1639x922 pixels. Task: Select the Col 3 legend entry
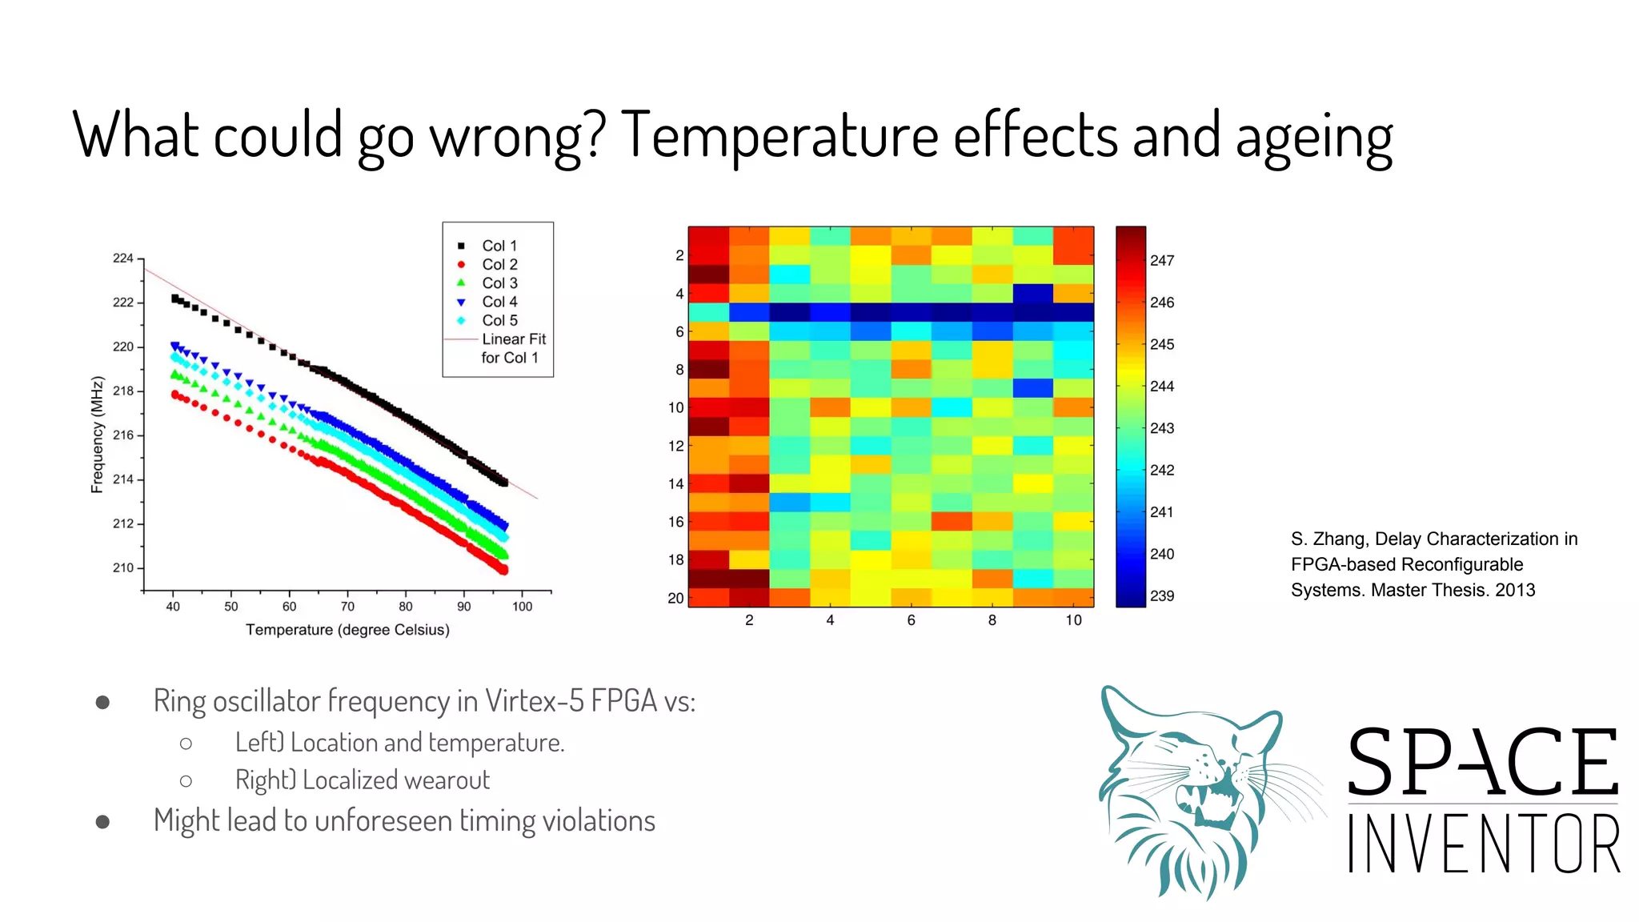tap(499, 283)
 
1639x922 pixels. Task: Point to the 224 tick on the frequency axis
tap(123, 259)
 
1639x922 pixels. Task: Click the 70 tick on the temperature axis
tap(347, 607)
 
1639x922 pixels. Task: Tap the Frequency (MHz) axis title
tap(98, 435)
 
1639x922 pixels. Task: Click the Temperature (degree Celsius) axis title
tap(347, 630)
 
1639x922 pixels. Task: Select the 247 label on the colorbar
tap(1161, 261)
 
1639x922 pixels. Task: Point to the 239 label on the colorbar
tap(1161, 596)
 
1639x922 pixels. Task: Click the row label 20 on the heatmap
tap(675, 598)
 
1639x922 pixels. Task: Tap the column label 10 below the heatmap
tap(1073, 620)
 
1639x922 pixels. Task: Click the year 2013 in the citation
tap(1515, 591)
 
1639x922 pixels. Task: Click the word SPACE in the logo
tap(1483, 763)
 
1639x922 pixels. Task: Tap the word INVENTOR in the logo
tap(1483, 844)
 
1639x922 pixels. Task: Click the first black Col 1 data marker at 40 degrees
tap(175, 299)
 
